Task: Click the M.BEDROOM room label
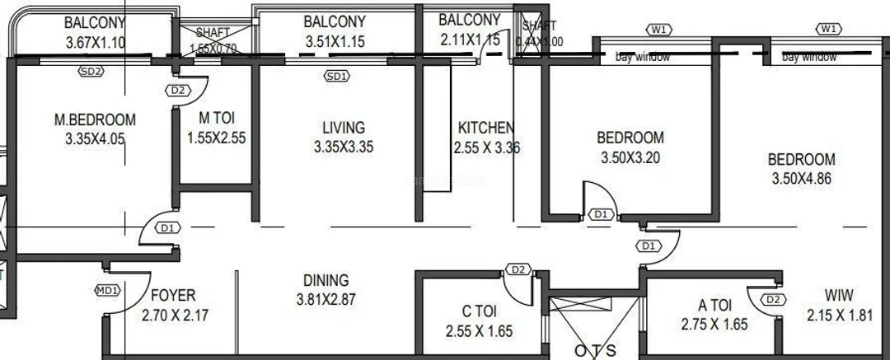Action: point(95,120)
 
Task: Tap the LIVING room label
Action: point(343,128)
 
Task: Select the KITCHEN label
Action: point(485,128)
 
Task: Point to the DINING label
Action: point(326,280)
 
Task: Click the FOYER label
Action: point(173,295)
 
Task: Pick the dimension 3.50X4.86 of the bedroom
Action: point(803,178)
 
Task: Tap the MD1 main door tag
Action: point(108,289)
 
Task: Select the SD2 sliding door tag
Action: point(91,72)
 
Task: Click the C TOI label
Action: point(478,311)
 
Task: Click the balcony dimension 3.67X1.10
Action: point(96,41)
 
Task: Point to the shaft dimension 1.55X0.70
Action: point(212,49)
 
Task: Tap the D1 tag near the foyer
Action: point(167,227)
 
